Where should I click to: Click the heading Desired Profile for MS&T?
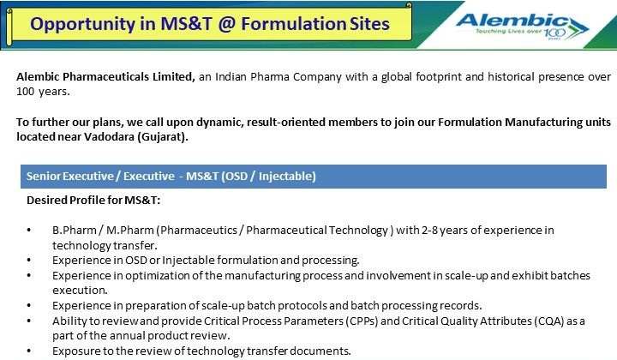pos(93,201)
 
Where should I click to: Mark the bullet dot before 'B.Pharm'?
pos(30,231)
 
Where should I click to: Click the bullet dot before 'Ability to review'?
pos(30,321)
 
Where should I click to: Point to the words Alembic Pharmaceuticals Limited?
pos(105,76)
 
